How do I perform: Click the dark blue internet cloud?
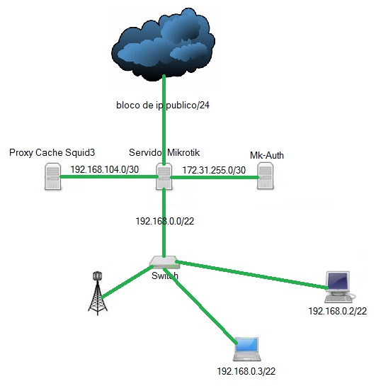[164, 45]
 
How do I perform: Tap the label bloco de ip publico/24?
[163, 105]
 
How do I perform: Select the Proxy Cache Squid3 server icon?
[52, 176]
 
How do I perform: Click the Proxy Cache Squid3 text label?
[52, 152]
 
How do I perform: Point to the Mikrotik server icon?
[164, 176]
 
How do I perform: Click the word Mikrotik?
[183, 152]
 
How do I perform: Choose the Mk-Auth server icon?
[266, 176]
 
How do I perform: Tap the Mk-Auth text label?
[267, 155]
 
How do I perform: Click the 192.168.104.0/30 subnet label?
[105, 169]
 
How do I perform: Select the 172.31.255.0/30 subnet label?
[214, 170]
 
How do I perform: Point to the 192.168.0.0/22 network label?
[165, 221]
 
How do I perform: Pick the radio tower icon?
[98, 293]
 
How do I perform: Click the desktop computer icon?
[339, 287]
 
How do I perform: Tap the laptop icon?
[247, 349]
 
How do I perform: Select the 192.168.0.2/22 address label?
[338, 311]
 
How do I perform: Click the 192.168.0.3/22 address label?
[246, 371]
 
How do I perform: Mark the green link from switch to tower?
[125, 282]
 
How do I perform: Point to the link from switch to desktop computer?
[251, 275]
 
